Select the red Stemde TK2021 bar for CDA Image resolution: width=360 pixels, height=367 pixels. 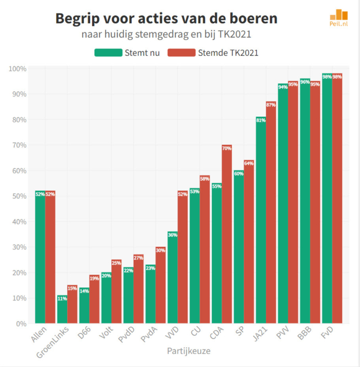(x=227, y=234)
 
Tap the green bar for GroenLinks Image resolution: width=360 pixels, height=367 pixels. (x=62, y=309)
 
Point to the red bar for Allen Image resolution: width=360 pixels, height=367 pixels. (x=50, y=257)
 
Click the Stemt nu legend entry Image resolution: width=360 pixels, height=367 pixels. (x=127, y=53)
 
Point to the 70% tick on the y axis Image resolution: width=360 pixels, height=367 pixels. (x=19, y=145)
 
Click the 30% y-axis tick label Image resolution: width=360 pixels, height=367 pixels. (x=19, y=247)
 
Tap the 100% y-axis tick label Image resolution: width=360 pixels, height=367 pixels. (x=18, y=69)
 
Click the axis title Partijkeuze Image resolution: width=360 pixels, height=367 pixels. (x=188, y=351)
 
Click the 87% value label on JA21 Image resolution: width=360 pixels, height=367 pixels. (x=271, y=105)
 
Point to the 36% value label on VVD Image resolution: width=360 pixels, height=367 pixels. (x=172, y=235)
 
